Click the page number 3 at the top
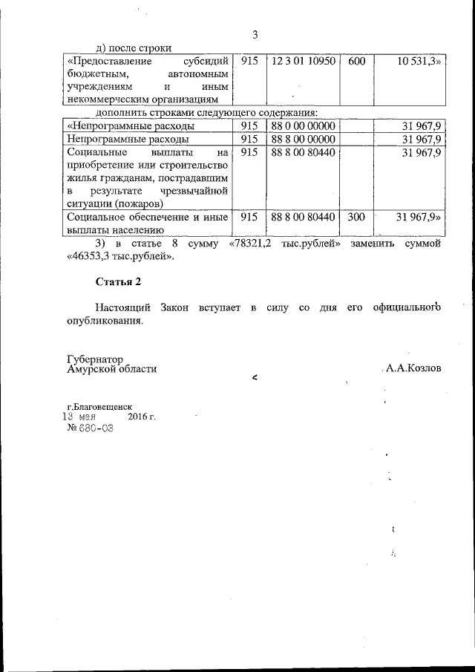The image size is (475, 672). click(x=255, y=35)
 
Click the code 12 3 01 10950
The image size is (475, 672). click(x=304, y=61)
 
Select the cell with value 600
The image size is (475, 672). click(x=356, y=61)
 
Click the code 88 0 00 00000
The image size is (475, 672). click(x=304, y=125)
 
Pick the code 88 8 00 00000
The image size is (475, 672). click(x=304, y=139)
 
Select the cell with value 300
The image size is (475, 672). click(x=356, y=217)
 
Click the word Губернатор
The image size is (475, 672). click(x=94, y=359)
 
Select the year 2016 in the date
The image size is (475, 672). click(x=141, y=417)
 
